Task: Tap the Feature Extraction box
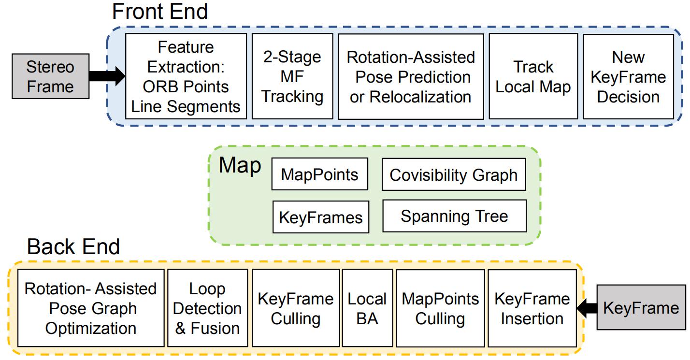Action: point(186,76)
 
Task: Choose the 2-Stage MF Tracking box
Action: point(293,76)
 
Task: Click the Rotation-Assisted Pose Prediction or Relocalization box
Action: point(411,76)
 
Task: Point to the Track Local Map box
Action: point(533,76)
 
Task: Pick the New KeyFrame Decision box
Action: point(628,76)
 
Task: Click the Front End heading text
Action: point(160,12)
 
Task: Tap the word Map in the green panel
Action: point(240,165)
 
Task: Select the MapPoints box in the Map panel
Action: point(320,174)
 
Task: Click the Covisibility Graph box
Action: point(453,174)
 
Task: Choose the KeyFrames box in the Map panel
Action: point(320,217)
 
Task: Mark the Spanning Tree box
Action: point(454,216)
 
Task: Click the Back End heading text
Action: point(73,247)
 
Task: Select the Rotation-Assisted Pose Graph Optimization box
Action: point(90,308)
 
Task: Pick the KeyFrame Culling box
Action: point(295,308)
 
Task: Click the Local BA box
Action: point(367,308)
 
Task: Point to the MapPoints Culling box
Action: point(440,308)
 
